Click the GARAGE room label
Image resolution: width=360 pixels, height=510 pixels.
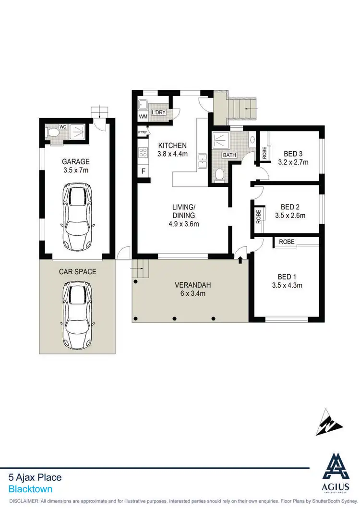(75, 161)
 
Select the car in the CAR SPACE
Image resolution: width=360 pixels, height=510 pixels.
(77, 315)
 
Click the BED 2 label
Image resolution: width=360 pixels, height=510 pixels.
(290, 207)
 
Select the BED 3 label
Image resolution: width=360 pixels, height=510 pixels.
(293, 154)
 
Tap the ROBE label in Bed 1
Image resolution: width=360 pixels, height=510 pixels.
(287, 242)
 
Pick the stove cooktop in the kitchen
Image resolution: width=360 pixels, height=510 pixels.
(143, 153)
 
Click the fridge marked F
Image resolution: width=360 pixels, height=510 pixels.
(143, 171)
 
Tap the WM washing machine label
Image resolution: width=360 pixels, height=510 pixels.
(143, 117)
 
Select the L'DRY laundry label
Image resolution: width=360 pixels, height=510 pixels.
(158, 112)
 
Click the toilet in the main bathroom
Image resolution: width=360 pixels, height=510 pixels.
(218, 175)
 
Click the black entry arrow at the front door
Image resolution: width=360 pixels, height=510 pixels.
(240, 260)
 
